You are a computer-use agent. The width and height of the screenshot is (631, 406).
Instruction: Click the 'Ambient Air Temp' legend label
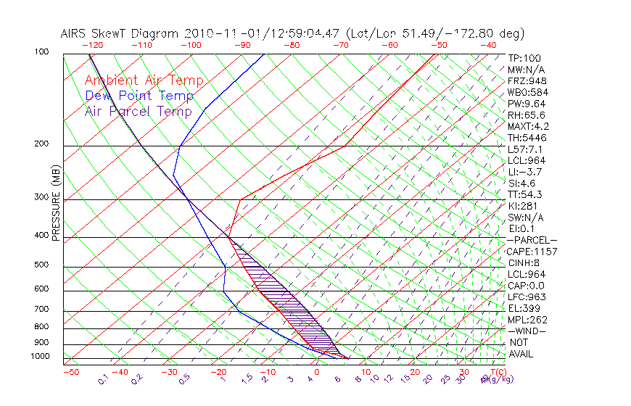(144, 80)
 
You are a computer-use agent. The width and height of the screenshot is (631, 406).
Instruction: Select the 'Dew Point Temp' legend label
(139, 96)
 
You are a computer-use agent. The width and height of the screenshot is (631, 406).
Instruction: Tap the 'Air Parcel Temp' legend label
(138, 111)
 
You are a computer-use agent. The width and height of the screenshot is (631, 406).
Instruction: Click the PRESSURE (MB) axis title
(56, 202)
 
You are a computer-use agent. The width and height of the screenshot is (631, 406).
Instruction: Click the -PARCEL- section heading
(532, 240)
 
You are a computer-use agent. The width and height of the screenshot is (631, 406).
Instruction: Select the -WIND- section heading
(527, 331)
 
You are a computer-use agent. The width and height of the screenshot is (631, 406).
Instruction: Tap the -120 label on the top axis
(92, 45)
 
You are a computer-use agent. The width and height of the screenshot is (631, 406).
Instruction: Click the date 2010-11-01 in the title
(213, 33)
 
